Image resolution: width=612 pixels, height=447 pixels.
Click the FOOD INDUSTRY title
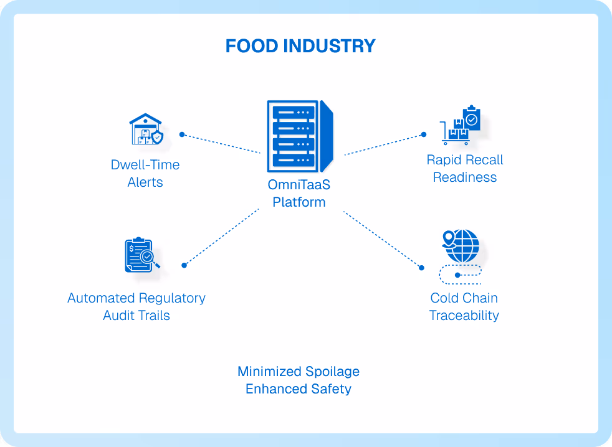(300, 46)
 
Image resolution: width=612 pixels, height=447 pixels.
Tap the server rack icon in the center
(299, 136)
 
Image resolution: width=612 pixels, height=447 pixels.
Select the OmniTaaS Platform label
(299, 193)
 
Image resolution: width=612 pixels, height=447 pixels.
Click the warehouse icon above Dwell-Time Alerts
(146, 129)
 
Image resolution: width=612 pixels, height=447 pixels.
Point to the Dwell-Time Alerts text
(145, 174)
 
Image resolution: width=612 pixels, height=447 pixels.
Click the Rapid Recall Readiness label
(465, 169)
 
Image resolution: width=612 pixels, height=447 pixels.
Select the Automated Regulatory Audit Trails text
(136, 307)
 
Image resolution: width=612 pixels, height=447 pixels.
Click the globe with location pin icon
(461, 247)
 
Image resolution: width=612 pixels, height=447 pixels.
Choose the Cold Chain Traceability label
(464, 307)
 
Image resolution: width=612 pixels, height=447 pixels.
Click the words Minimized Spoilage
(299, 372)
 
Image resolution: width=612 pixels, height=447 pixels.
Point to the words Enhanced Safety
(299, 389)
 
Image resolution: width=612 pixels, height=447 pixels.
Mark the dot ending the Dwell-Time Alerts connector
(182, 134)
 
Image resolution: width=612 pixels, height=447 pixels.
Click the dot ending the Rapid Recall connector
(423, 134)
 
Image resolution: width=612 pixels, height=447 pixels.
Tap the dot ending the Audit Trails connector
(184, 265)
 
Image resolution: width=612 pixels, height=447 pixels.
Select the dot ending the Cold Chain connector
(421, 268)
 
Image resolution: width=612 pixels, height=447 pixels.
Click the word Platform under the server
(299, 202)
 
